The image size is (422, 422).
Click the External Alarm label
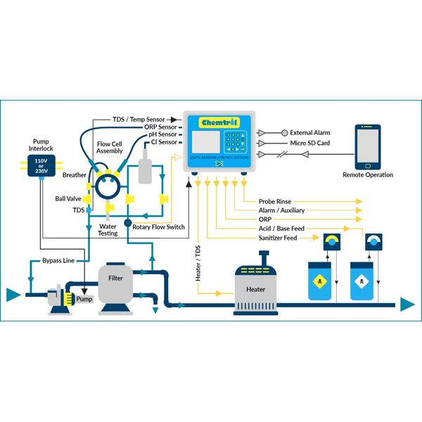click(x=310, y=132)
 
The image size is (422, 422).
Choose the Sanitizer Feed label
click(x=278, y=238)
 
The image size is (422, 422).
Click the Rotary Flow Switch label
click(x=159, y=227)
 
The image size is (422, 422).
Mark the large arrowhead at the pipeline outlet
click(x=407, y=305)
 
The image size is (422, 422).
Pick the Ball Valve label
click(x=69, y=198)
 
